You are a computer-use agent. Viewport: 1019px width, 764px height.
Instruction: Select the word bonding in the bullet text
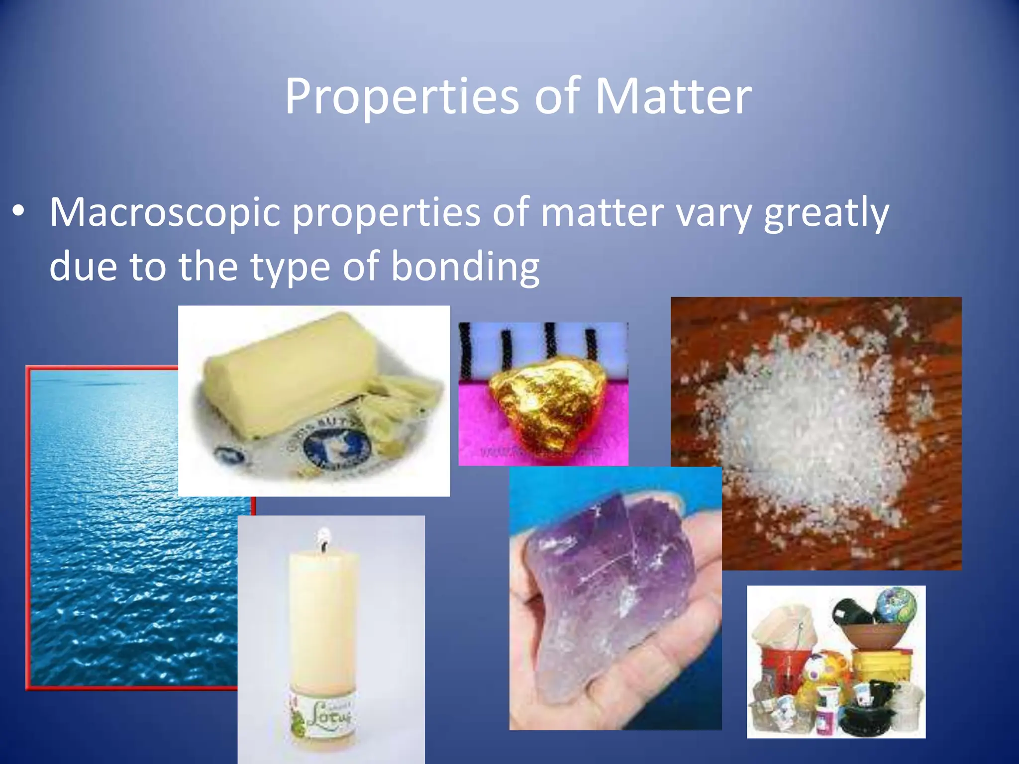[465, 267]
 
